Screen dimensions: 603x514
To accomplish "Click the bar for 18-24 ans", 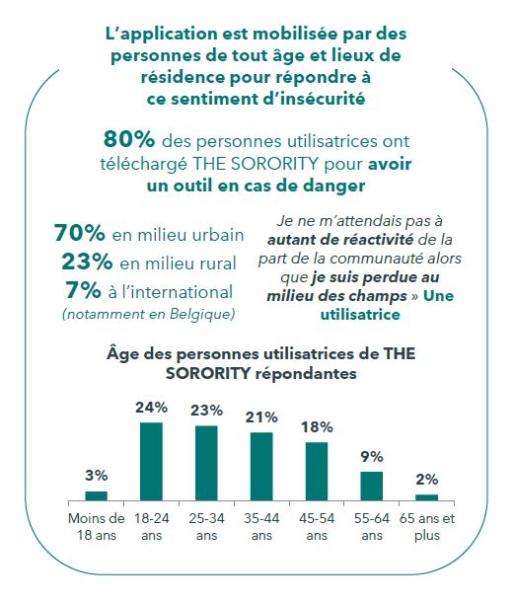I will coord(151,462).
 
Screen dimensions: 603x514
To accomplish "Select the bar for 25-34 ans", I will coord(206,464).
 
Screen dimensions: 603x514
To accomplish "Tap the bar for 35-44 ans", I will coord(261,467).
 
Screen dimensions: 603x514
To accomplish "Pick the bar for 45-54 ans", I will coord(317,472).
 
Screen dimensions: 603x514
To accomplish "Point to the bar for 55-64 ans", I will coord(371,487).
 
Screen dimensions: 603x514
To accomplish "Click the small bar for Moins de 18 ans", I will coord(96,496).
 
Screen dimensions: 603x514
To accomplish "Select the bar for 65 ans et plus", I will coord(426,497).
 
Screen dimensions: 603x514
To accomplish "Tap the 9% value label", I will coord(371,457).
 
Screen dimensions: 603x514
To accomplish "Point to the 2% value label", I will coord(426,479).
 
